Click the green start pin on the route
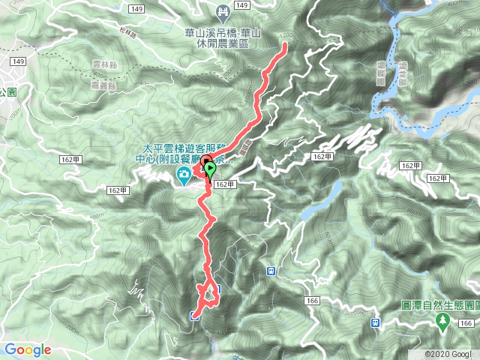(209, 169)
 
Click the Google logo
(27, 349)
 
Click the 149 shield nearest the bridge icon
(241, 6)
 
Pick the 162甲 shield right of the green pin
(225, 184)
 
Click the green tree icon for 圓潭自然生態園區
(443, 321)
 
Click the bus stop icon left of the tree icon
(376, 322)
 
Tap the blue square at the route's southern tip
(194, 316)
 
